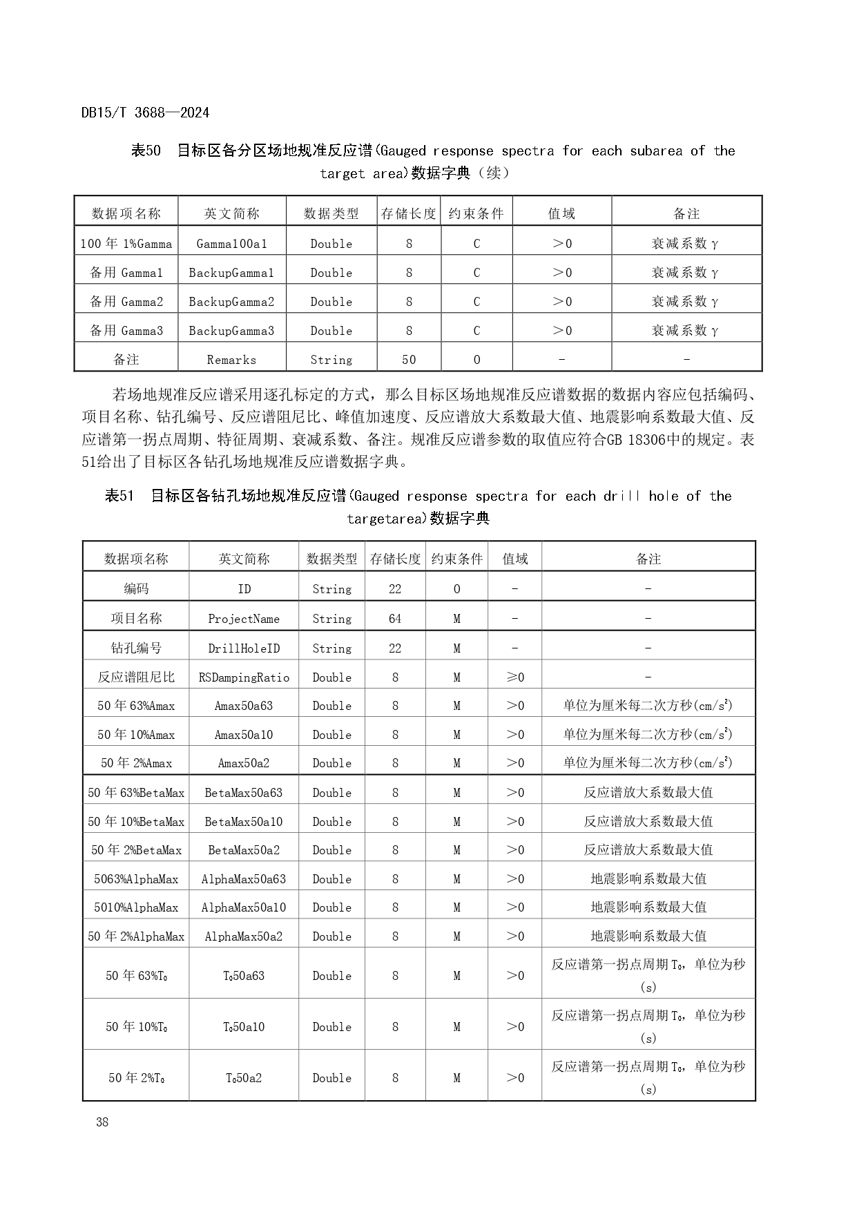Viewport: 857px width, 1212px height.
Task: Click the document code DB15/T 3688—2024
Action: tap(145, 113)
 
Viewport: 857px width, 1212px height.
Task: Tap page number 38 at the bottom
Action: tap(102, 1122)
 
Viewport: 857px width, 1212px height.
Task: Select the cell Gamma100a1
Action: tap(231, 244)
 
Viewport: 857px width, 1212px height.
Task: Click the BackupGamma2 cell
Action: tap(231, 302)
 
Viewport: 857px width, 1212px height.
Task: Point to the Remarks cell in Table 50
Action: tap(231, 360)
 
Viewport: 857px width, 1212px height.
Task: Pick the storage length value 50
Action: tap(409, 360)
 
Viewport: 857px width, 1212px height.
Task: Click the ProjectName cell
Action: tap(244, 619)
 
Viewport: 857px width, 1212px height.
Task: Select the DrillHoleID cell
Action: tap(244, 648)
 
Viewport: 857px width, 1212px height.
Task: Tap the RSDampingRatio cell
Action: tap(244, 677)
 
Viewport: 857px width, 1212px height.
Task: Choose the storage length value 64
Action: tap(395, 619)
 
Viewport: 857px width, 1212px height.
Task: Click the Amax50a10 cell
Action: tap(244, 735)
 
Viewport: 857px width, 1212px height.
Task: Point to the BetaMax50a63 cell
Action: tap(244, 793)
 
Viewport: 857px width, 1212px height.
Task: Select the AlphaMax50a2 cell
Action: tap(244, 936)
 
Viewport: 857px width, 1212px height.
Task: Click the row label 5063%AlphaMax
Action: tap(136, 879)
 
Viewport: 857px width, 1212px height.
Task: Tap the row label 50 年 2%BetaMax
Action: tap(136, 850)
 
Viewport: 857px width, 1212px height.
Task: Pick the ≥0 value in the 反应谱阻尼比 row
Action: tap(515, 677)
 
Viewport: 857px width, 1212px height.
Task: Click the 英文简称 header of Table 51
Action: tap(244, 559)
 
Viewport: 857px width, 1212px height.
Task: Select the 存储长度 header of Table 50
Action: tap(409, 214)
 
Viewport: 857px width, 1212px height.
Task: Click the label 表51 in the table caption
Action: tap(119, 496)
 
